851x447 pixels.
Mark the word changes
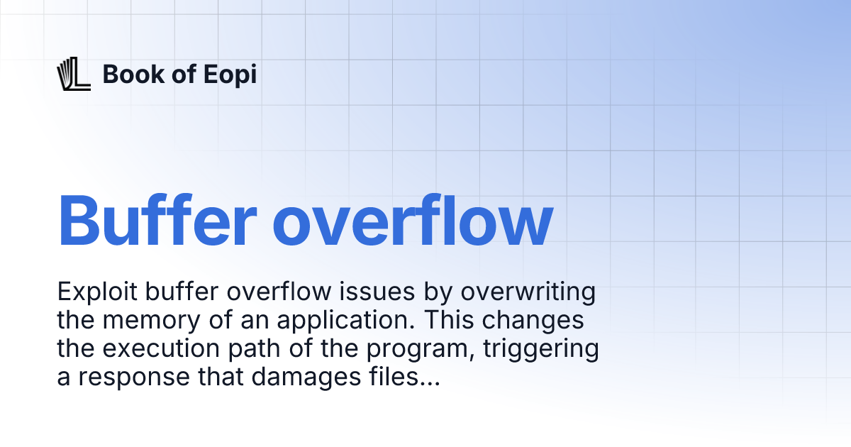pos(540,321)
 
